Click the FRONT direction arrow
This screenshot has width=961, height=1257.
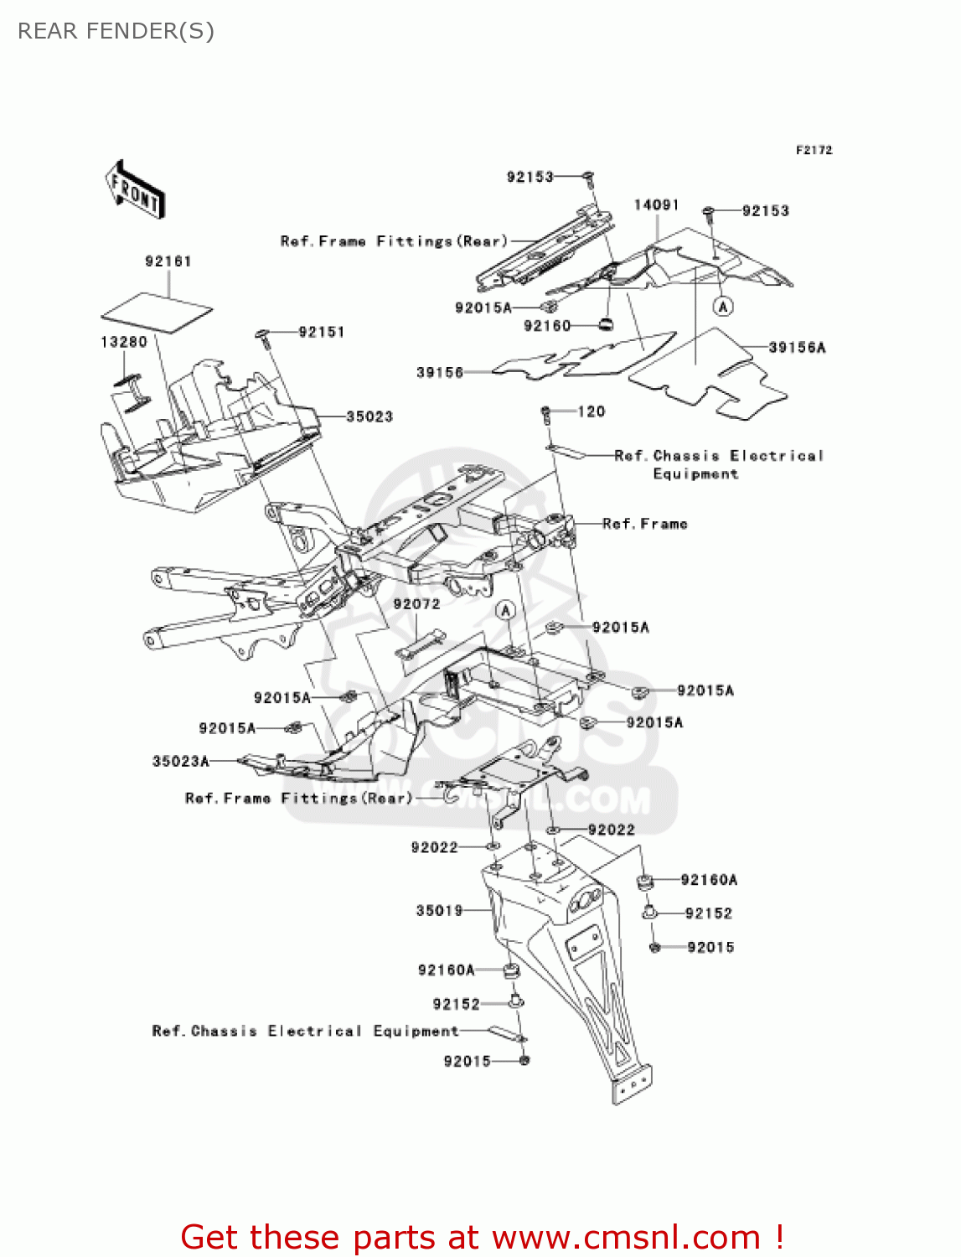(135, 190)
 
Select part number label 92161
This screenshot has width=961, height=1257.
(168, 261)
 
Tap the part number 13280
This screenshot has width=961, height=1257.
(123, 342)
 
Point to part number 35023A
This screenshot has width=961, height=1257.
(181, 761)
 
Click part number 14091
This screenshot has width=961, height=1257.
(656, 205)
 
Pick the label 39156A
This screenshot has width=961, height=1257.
(797, 347)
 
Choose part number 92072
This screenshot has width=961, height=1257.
(416, 604)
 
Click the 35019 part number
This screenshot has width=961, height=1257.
(439, 910)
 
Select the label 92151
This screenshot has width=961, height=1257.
(322, 332)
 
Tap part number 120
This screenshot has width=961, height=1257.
(592, 411)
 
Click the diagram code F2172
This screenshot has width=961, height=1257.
(814, 150)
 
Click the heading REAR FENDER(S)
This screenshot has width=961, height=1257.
(116, 32)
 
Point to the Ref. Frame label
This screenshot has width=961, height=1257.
(644, 524)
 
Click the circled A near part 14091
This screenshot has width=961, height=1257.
(723, 307)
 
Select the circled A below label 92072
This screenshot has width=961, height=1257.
(505, 610)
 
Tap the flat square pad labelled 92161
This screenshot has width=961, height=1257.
(157, 313)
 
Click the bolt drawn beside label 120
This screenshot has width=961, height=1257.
(546, 413)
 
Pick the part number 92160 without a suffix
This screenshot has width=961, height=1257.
(546, 326)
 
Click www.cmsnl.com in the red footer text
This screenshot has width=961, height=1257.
(625, 1237)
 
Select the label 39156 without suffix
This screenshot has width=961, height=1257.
(440, 372)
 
